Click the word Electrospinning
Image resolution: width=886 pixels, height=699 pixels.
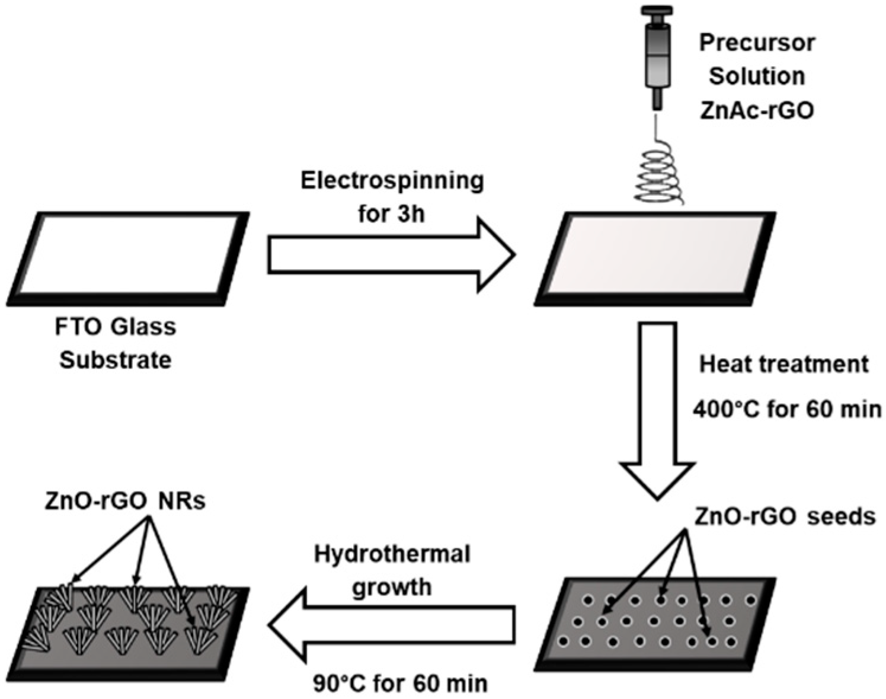[x=392, y=181]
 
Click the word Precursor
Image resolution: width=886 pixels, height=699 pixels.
[x=757, y=43]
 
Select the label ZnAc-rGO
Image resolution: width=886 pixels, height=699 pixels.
[x=757, y=111]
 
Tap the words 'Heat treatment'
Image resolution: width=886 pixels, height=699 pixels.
[x=783, y=364]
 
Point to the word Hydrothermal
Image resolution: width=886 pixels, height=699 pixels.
[x=392, y=554]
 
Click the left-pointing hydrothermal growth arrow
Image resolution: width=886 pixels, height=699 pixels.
[x=391, y=624]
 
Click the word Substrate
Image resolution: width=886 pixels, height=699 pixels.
[x=116, y=360]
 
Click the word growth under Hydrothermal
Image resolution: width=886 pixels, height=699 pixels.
[x=392, y=587]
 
